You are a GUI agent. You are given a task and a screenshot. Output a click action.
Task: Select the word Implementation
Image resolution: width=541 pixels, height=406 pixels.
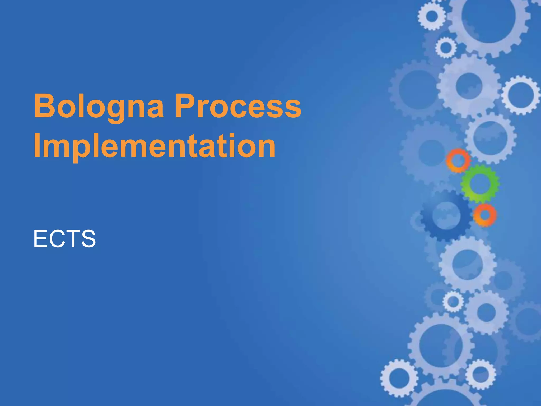155,146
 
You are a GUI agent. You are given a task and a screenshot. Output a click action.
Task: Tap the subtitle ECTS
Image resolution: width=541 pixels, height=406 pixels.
64,239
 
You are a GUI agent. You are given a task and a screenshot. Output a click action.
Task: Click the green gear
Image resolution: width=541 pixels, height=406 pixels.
480,184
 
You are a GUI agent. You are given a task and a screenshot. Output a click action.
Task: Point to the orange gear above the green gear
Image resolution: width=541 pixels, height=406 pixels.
458,160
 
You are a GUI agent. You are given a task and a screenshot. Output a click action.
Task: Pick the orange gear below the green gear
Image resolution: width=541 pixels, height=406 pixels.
485,215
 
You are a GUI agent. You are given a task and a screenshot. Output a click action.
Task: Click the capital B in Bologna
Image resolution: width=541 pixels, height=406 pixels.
44,106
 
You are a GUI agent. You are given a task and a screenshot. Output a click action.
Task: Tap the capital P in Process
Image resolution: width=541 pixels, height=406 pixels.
184,106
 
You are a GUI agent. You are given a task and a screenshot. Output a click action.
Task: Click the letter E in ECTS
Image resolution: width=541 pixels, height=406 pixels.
40,239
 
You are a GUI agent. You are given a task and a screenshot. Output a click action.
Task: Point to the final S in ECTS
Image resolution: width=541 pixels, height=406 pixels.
88,239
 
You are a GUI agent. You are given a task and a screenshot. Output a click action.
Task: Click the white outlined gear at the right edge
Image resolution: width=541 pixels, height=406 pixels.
521,95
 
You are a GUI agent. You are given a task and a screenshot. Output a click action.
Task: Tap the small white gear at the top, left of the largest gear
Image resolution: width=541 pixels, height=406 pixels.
432,16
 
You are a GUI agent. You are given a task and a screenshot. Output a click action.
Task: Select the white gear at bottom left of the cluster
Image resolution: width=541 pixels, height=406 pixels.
399,378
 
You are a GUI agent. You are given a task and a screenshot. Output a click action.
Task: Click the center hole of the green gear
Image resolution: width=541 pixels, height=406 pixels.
480,184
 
